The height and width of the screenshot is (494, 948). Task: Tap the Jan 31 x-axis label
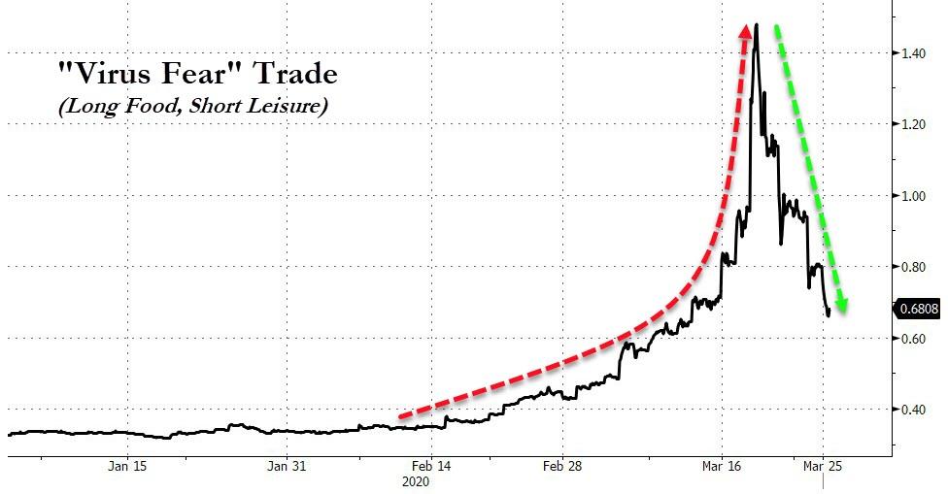coord(287,466)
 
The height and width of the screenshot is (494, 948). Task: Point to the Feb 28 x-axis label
coord(563,466)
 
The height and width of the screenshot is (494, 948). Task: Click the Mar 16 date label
coord(720,466)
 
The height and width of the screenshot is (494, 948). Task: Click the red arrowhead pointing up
coord(746,34)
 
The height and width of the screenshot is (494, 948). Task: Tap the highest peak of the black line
coord(756,25)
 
